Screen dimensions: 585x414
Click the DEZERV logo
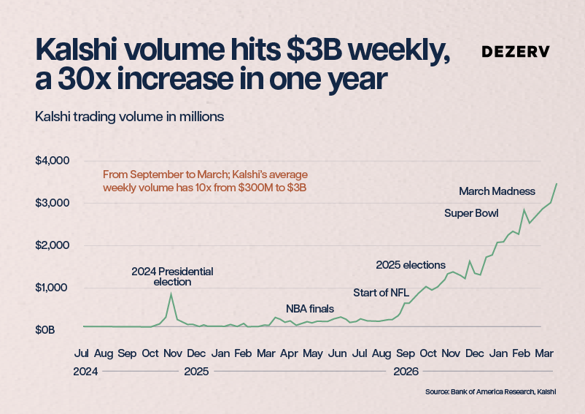[x=516, y=52]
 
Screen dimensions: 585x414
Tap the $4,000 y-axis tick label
[x=53, y=161]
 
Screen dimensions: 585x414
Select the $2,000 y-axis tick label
[x=53, y=245]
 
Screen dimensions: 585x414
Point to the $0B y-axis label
[x=44, y=330]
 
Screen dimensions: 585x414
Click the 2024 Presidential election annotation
[x=172, y=276]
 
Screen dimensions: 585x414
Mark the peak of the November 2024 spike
[x=171, y=294]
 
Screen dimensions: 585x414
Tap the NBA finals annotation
[x=310, y=309]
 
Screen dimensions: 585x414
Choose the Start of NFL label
[x=381, y=293]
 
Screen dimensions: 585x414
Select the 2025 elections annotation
[x=411, y=265]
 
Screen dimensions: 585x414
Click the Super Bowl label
[x=471, y=213]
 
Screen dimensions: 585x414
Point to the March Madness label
[x=497, y=191]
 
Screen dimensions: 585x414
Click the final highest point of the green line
[x=557, y=184]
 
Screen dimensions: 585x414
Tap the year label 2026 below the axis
[x=406, y=372]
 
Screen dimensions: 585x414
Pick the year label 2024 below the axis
[x=85, y=372]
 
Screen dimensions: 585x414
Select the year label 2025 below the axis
[x=196, y=372]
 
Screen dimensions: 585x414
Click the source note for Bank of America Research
[x=491, y=392]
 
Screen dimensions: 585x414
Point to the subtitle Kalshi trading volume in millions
[x=129, y=117]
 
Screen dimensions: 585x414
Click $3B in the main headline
[x=314, y=50]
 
